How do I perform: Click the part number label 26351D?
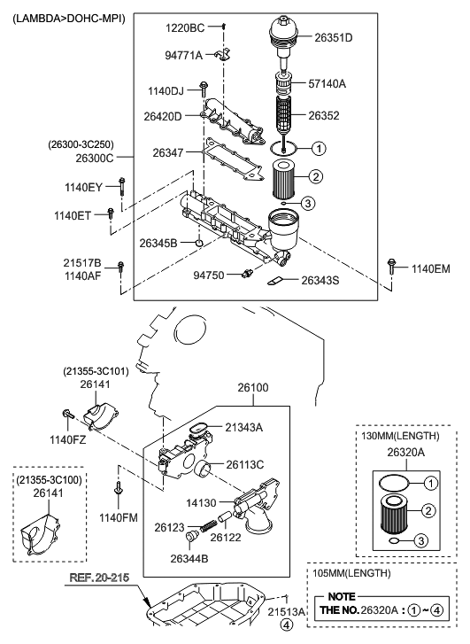[x=334, y=38]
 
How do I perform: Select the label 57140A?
[x=327, y=84]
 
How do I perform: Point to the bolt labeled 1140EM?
[x=391, y=267]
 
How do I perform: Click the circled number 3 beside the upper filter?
[x=308, y=203]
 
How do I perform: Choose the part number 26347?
[x=168, y=152]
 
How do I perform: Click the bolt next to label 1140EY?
[x=121, y=187]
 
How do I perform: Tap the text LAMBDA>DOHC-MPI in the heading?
[x=68, y=18]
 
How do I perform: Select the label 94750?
[x=209, y=275]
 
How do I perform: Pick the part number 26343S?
[x=320, y=281]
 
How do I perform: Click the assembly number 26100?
[x=253, y=387]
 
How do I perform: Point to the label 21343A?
[x=243, y=428]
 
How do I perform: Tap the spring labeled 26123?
[x=209, y=525]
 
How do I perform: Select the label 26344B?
[x=189, y=559]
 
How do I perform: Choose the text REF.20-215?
[x=99, y=578]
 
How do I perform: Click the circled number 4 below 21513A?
[x=287, y=625]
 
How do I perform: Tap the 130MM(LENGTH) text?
[x=400, y=436]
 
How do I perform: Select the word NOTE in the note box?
[x=342, y=596]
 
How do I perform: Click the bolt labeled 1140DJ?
[x=204, y=88]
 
